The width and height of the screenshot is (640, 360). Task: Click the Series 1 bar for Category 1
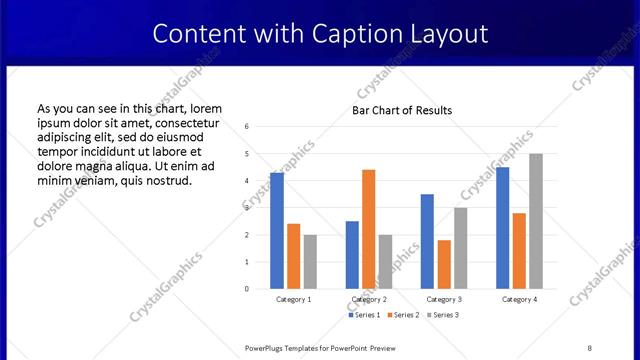click(277, 231)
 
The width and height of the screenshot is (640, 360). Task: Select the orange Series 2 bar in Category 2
click(368, 229)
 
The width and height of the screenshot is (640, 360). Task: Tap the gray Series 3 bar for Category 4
click(536, 221)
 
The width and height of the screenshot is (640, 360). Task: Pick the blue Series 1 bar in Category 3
click(427, 241)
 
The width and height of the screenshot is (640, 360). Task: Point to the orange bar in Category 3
click(444, 264)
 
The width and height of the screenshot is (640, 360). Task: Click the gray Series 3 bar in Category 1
click(310, 262)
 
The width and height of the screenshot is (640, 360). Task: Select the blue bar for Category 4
click(502, 228)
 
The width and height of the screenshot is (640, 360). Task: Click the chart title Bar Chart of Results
click(402, 110)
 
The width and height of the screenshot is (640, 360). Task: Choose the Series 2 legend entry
click(403, 315)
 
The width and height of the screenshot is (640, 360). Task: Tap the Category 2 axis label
click(369, 299)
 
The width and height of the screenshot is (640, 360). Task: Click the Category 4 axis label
click(519, 299)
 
